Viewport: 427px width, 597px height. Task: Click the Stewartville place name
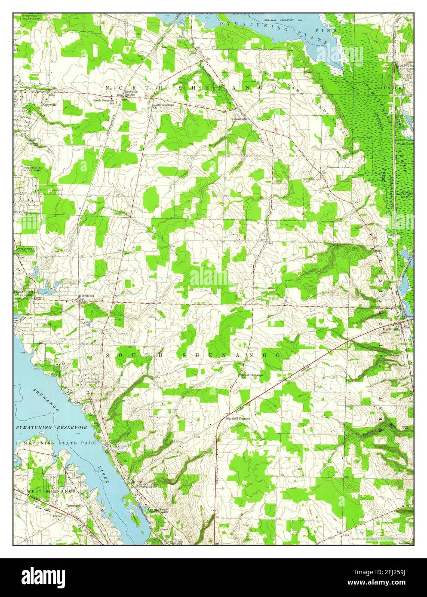click(x=240, y=119)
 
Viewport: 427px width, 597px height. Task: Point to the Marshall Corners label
click(x=238, y=418)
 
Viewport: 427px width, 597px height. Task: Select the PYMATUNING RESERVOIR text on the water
click(x=52, y=428)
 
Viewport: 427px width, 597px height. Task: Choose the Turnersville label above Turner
click(x=73, y=506)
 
